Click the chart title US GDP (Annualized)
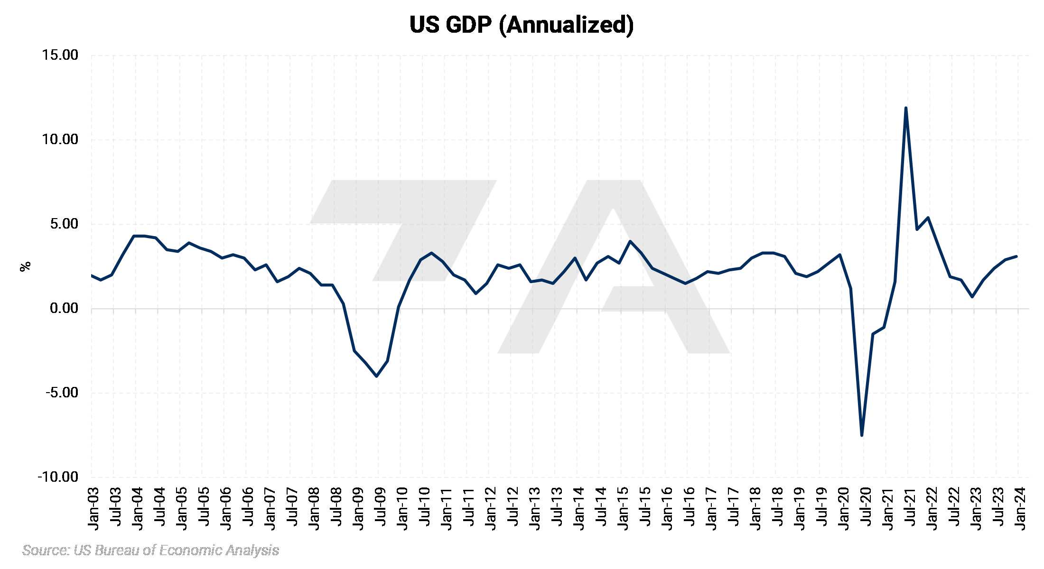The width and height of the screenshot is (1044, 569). [x=521, y=25]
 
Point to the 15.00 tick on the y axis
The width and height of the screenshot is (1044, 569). [x=60, y=55]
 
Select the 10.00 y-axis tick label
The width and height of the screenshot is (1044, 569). [x=60, y=139]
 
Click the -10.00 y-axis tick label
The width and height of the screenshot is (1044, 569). [x=58, y=477]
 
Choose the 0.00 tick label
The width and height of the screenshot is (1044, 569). [x=64, y=308]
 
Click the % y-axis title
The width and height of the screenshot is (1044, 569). [x=25, y=266]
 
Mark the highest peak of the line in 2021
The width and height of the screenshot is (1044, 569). [x=906, y=108]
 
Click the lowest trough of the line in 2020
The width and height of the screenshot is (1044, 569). [x=862, y=435]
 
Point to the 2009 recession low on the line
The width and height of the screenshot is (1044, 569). [x=377, y=376]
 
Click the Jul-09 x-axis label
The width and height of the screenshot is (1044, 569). [x=381, y=506]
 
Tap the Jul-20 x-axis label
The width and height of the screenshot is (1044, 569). [x=866, y=506]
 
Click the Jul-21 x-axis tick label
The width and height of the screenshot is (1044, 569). [x=910, y=506]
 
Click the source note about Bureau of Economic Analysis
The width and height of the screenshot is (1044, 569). [x=150, y=550]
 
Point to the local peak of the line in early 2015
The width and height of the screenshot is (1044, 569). [x=630, y=241]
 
